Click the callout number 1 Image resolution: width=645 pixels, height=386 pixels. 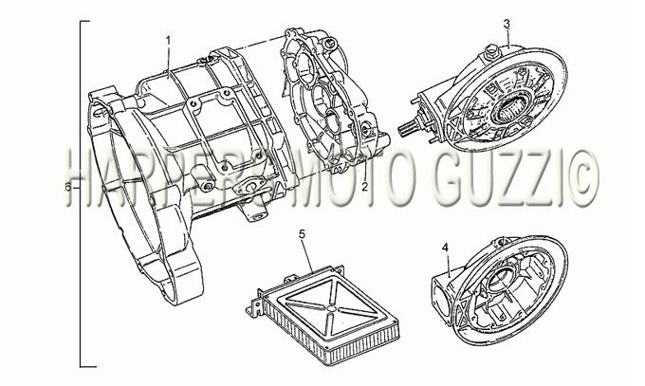tap(168, 40)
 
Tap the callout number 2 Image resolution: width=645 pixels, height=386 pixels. tap(364, 187)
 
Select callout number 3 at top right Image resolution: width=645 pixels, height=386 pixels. tap(507, 24)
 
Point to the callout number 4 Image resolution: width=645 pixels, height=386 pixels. tap(445, 248)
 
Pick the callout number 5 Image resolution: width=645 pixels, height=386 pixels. tap(302, 234)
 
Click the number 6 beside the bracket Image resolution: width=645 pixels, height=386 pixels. tap(68, 187)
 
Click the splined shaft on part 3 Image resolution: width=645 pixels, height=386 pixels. tap(407, 128)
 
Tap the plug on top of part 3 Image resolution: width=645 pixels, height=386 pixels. tap(490, 51)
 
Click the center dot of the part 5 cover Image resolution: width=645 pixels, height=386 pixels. tap(330, 308)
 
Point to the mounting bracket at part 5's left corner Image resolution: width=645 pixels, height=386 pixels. tap(252, 305)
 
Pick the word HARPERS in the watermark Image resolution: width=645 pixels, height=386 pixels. tap(176, 177)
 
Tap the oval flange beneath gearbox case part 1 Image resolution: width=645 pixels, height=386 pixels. tap(249, 188)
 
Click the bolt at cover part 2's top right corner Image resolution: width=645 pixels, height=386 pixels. tap(328, 43)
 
